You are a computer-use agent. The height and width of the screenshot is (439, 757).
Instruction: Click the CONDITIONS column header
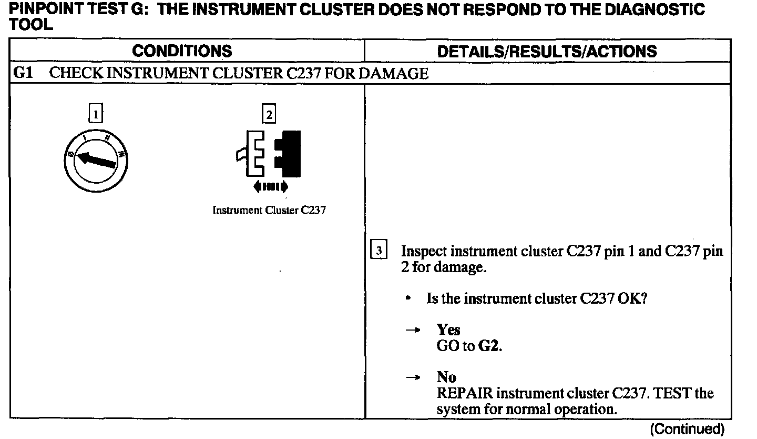point(182,51)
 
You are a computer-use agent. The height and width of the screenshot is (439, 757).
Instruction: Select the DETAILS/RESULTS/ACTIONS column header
point(547,51)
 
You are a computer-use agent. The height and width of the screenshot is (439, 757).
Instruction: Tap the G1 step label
point(23,73)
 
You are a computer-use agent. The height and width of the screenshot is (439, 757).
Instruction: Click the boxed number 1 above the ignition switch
point(96,114)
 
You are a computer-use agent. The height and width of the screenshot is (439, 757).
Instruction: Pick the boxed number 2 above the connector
point(269,114)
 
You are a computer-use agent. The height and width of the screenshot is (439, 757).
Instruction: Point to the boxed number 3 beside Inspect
point(379,248)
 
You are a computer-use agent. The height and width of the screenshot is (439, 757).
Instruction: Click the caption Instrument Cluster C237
point(269,211)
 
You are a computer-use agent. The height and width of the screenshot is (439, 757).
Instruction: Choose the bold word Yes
point(448,330)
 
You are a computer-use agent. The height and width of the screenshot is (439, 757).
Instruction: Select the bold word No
point(446,377)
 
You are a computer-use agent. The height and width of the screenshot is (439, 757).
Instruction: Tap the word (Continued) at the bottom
point(687,429)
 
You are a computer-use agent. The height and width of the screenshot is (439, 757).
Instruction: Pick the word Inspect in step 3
point(424,251)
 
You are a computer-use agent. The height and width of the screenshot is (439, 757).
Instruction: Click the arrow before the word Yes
point(414,330)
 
